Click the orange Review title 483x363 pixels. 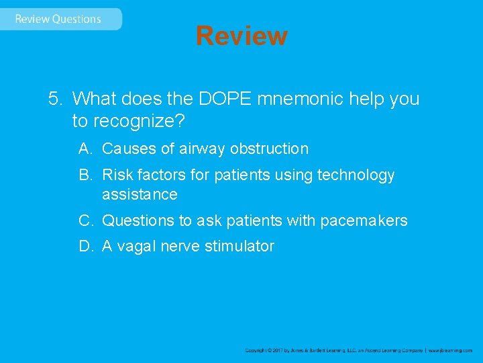click(241, 36)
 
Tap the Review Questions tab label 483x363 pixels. click(58, 19)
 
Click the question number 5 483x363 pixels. click(54, 99)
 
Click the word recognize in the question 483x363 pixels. click(138, 121)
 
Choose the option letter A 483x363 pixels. click(84, 149)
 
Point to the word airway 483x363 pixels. click(202, 149)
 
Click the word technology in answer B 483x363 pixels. click(356, 175)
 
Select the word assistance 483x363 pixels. click(140, 195)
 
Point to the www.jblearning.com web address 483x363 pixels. click(451, 350)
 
